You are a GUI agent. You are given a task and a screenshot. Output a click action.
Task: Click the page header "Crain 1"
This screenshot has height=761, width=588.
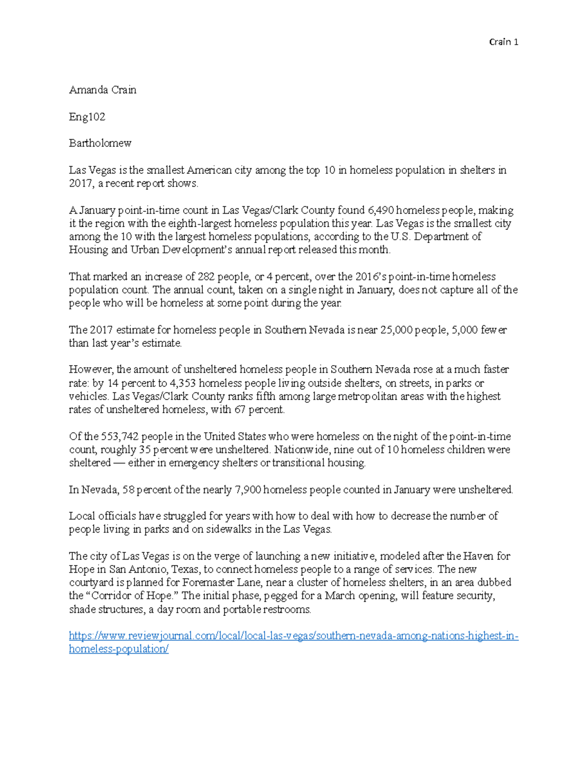click(504, 42)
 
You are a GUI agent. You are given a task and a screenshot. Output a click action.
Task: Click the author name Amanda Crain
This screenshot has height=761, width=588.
click(102, 90)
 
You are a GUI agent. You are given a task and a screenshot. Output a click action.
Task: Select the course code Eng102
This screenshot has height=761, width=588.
click(87, 117)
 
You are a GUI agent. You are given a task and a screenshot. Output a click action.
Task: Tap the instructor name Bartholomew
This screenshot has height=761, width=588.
click(100, 143)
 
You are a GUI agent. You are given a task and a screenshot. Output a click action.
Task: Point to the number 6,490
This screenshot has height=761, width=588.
click(380, 210)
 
